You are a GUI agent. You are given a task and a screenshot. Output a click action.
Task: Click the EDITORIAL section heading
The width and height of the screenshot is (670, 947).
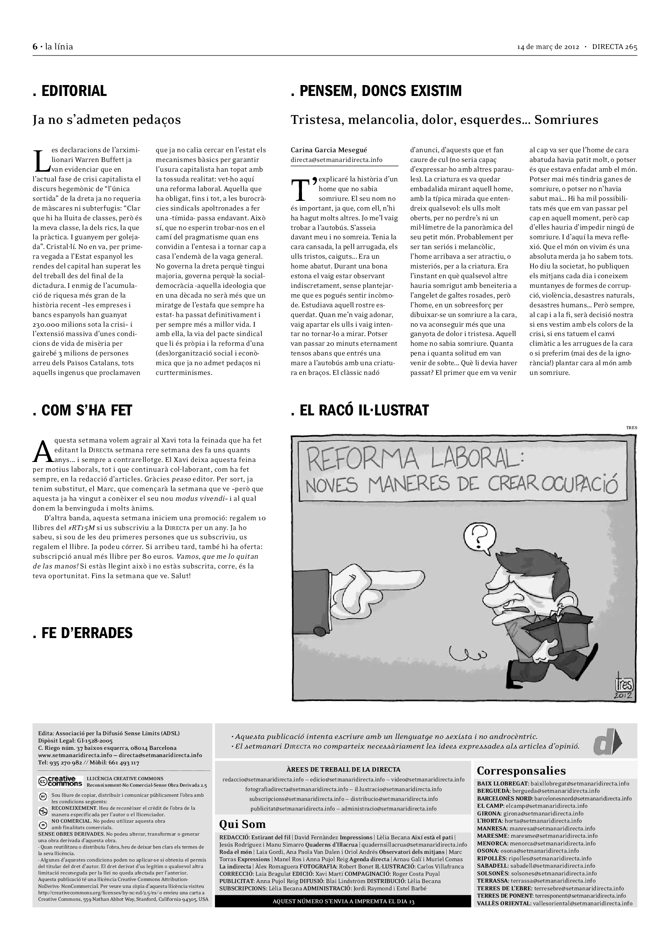[x=70, y=91]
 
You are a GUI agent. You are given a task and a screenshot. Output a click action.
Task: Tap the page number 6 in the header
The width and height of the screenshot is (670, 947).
[x=35, y=47]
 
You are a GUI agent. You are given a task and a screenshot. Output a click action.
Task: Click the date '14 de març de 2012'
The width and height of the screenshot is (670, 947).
[x=548, y=47]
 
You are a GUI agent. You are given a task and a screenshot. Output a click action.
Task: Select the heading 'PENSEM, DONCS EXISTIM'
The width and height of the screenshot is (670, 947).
[x=376, y=91]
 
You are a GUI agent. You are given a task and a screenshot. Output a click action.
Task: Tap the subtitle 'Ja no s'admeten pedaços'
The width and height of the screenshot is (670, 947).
[x=107, y=120]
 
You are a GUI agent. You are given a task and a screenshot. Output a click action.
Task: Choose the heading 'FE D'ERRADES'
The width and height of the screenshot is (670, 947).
[x=83, y=633]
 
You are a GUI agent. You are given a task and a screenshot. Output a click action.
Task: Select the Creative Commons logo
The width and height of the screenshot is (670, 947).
[x=60, y=781]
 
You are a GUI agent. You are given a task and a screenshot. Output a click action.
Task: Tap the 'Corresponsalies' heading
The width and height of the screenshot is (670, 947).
[x=521, y=770]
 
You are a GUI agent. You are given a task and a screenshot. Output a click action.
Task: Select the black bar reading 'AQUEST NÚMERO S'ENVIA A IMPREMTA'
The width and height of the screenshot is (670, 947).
[x=342, y=901]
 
